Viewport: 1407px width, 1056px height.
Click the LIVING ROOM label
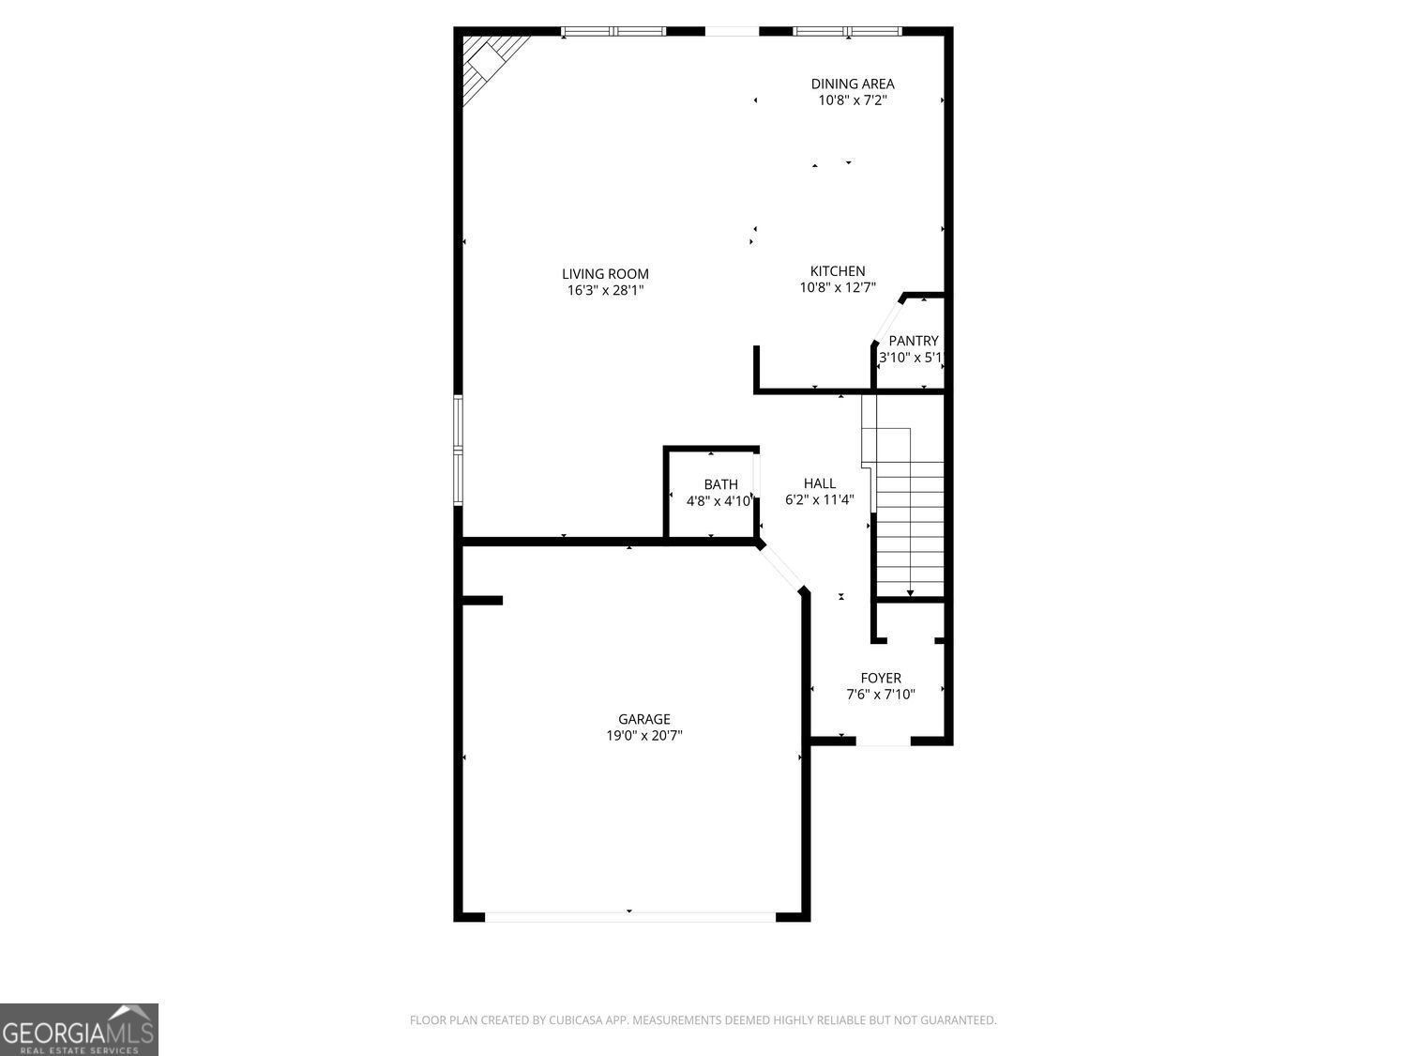605,274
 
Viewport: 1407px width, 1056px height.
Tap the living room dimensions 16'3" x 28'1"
605,291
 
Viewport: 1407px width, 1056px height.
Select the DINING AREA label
852,84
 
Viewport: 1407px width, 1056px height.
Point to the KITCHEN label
838,271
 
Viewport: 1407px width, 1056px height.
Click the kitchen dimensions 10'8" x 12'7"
838,288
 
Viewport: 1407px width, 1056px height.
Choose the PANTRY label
913,341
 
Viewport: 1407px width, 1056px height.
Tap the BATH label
720,484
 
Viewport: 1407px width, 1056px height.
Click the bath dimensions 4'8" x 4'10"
719,501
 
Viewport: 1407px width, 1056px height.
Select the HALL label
819,483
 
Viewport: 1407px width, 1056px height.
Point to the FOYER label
881,678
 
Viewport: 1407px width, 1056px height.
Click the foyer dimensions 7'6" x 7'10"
881,695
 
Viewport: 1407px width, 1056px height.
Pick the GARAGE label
643,719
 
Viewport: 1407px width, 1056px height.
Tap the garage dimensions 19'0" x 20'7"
643,736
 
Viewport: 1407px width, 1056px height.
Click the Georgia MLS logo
79,1030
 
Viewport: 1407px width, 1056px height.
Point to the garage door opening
629,916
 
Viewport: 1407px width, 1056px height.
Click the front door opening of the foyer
883,742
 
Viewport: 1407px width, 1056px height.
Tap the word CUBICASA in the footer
574,1020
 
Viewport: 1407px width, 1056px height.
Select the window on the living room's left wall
459,451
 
